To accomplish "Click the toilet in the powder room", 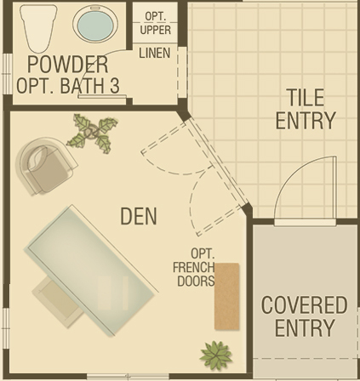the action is pyautogui.click(x=38, y=28).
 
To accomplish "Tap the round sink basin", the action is pyautogui.click(x=95, y=24).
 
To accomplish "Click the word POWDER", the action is pyautogui.click(x=68, y=65).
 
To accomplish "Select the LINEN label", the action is pyautogui.click(x=155, y=53).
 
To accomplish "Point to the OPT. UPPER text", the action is pyautogui.click(x=156, y=23).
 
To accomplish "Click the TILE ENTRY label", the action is pyautogui.click(x=306, y=109).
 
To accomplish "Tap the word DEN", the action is pyautogui.click(x=139, y=216).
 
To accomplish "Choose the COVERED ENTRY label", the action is pyautogui.click(x=304, y=316).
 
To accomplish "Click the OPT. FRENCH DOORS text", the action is pyautogui.click(x=194, y=267).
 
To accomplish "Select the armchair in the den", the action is pyautogui.click(x=45, y=166).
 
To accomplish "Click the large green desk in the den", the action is pyautogui.click(x=90, y=270).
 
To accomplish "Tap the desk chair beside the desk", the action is pyautogui.click(x=59, y=300).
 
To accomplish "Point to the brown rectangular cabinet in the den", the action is pyautogui.click(x=226, y=296).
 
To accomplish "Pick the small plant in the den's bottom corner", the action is pyautogui.click(x=216, y=355).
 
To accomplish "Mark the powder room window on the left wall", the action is pyautogui.click(x=7, y=73).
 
